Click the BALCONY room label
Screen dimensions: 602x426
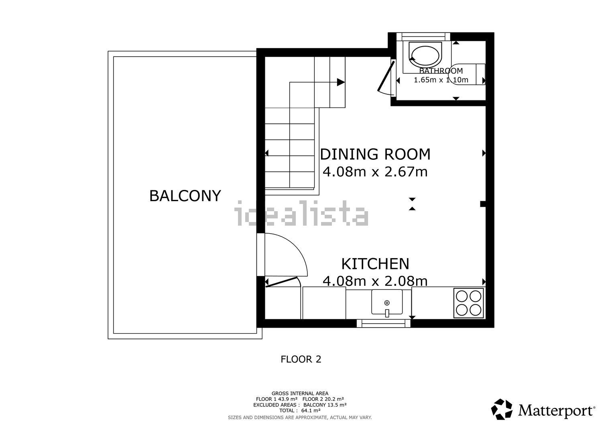tap(185, 196)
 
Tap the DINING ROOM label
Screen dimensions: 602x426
tap(375, 154)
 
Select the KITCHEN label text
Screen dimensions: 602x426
tap(375, 264)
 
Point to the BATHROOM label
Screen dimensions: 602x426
tap(441, 71)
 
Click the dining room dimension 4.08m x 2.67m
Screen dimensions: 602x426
tap(375, 171)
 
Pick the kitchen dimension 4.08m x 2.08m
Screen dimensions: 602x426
tap(375, 281)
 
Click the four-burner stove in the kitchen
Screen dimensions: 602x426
tap(469, 303)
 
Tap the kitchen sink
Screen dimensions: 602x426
tap(387, 302)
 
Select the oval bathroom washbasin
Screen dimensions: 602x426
tap(425, 56)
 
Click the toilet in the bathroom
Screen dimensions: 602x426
tap(467, 74)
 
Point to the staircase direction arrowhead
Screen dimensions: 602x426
tap(341, 82)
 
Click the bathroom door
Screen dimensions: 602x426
tap(386, 76)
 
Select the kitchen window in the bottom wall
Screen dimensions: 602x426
tap(384, 323)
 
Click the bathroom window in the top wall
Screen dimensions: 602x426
tap(423, 37)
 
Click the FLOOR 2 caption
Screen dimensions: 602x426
tap(301, 359)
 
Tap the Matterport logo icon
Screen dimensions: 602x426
tap(502, 409)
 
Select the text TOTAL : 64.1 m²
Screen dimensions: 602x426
tap(300, 411)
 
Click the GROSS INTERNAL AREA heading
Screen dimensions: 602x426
tap(300, 393)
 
